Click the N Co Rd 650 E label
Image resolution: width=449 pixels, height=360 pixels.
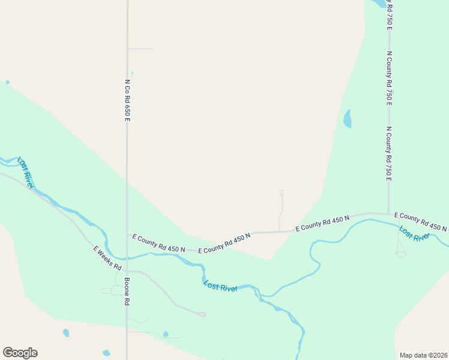127,100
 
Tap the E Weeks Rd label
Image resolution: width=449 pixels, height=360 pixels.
108,257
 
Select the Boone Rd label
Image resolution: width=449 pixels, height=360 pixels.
127,292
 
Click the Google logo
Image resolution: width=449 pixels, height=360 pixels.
20,353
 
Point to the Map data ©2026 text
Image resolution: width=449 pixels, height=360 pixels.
423,355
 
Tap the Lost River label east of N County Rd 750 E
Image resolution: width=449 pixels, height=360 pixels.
415,233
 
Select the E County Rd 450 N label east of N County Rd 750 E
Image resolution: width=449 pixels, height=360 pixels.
420,221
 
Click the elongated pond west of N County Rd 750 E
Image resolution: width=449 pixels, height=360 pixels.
347,119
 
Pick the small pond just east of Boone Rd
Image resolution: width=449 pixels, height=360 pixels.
166,334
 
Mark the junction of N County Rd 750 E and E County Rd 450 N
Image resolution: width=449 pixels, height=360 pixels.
388,214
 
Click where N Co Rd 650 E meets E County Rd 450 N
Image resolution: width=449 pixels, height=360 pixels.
127,235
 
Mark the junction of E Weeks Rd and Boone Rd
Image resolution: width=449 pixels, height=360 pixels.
127,271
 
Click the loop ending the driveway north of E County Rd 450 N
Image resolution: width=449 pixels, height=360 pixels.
281,193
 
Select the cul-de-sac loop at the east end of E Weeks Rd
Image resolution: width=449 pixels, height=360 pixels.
203,314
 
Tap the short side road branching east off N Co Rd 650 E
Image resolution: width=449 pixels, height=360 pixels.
140,49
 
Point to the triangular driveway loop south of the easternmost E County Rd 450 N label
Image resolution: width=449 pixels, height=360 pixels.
400,254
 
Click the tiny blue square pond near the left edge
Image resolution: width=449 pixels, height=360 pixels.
7,82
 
